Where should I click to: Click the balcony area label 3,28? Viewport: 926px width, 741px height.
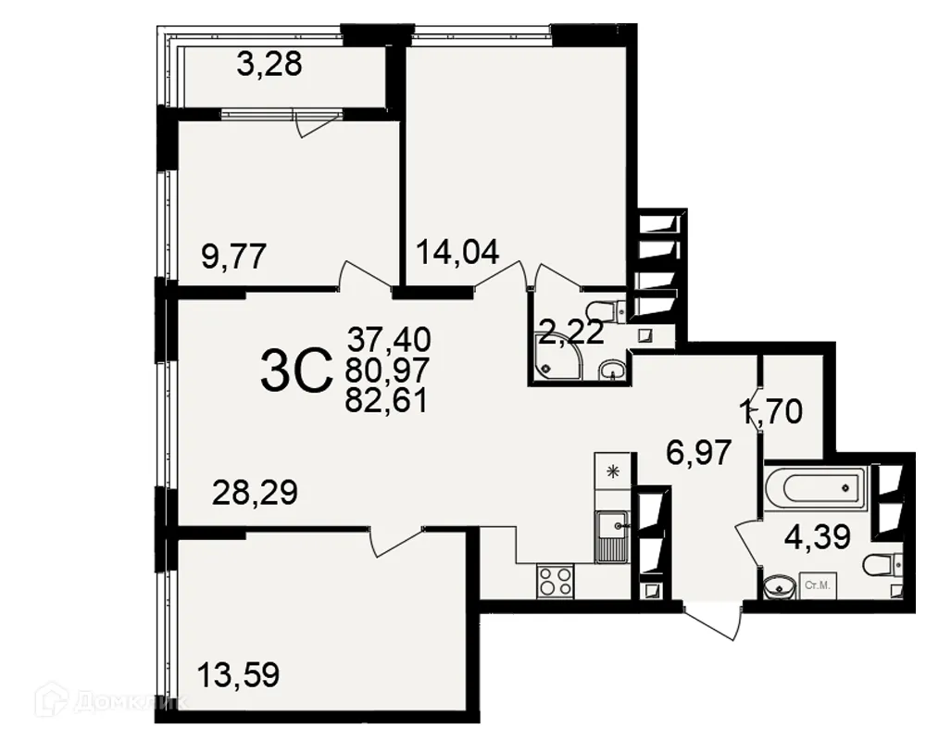tap(269, 67)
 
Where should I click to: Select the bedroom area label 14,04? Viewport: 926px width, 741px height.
tap(457, 251)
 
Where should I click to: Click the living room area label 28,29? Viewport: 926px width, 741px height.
tap(255, 493)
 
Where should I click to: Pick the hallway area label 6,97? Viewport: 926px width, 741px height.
tap(700, 453)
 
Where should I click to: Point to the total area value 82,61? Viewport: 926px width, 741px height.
tap(386, 402)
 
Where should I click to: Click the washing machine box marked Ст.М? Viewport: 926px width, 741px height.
tap(817, 586)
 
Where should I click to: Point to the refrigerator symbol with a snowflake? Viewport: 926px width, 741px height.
tap(612, 471)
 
